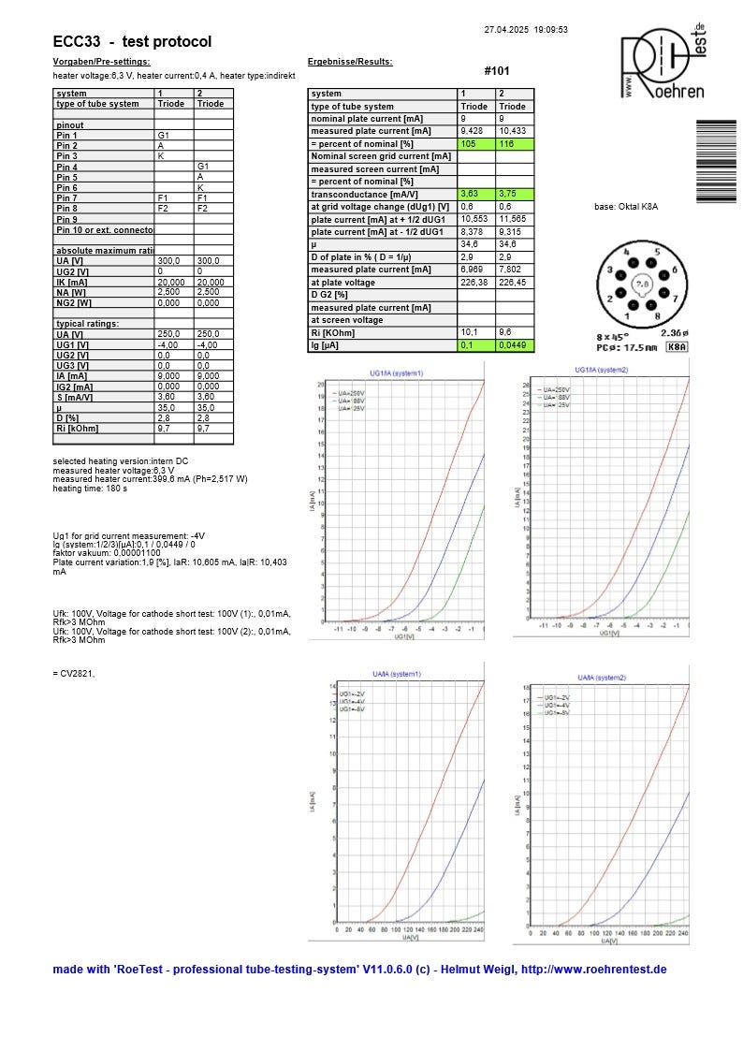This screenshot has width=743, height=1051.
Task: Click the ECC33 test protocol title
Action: [x=132, y=42]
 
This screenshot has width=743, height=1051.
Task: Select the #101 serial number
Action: [x=498, y=71]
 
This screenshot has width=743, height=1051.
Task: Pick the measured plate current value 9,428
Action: [x=472, y=132]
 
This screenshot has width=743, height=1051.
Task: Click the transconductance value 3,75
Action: [x=506, y=195]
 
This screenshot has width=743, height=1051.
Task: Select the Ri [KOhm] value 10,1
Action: [x=469, y=332]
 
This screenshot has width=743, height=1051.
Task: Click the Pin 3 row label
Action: [x=67, y=156]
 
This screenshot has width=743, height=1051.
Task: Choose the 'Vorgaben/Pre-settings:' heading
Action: [x=101, y=62]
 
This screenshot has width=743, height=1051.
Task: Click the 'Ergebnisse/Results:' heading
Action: [x=350, y=62]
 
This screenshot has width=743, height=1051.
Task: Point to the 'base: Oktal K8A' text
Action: [x=626, y=207]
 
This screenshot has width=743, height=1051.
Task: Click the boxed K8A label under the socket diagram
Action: [x=676, y=347]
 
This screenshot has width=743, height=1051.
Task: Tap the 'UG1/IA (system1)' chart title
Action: [x=396, y=372]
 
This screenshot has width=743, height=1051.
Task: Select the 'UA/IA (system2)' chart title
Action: [x=602, y=677]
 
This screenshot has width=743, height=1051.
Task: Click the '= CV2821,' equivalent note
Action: [x=74, y=673]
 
